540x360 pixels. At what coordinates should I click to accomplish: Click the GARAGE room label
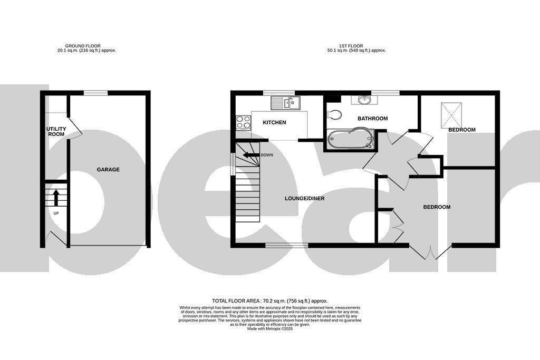click(x=108, y=170)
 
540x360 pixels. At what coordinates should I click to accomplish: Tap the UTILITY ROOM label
click(x=55, y=131)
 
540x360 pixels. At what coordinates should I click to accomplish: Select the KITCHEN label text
click(x=274, y=123)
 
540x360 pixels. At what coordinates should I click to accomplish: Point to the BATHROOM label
click(x=372, y=119)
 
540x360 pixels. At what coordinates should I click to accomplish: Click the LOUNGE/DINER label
click(x=304, y=199)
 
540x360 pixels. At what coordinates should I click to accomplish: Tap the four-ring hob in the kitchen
click(x=243, y=122)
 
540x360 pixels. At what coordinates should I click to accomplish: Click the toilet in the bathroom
click(x=334, y=113)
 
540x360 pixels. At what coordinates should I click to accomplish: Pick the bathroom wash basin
click(x=363, y=99)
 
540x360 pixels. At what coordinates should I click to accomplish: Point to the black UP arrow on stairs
click(x=56, y=198)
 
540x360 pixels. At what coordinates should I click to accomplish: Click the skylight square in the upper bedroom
click(x=451, y=112)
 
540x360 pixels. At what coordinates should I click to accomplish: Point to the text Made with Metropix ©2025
click(x=269, y=328)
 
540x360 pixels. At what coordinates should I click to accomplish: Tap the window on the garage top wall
click(x=95, y=93)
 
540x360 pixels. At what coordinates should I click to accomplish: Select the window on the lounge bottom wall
click(x=286, y=245)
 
